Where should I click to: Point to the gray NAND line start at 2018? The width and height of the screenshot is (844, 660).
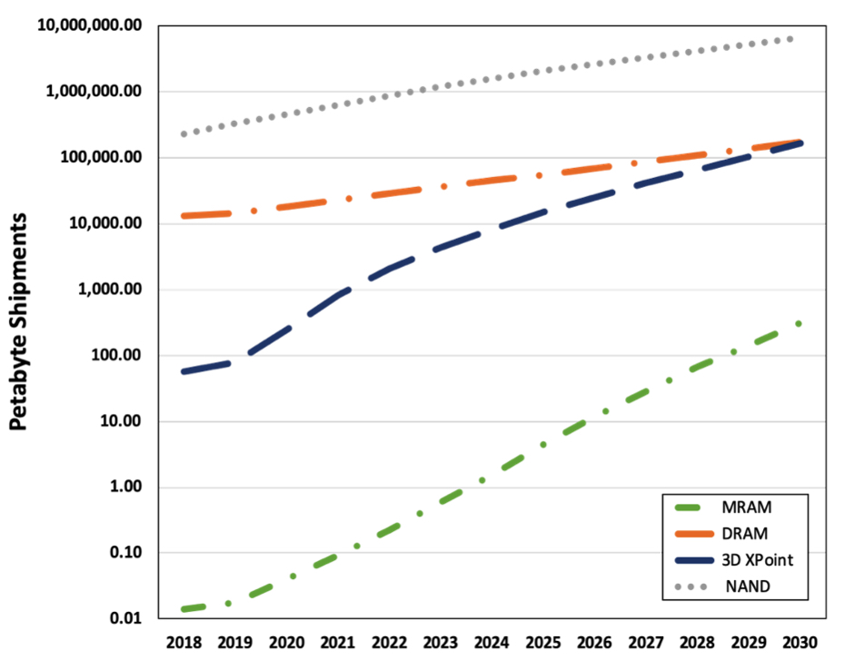point(184,133)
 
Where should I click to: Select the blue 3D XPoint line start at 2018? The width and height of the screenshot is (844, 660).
point(184,371)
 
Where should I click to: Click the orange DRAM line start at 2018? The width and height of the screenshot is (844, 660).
point(184,216)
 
